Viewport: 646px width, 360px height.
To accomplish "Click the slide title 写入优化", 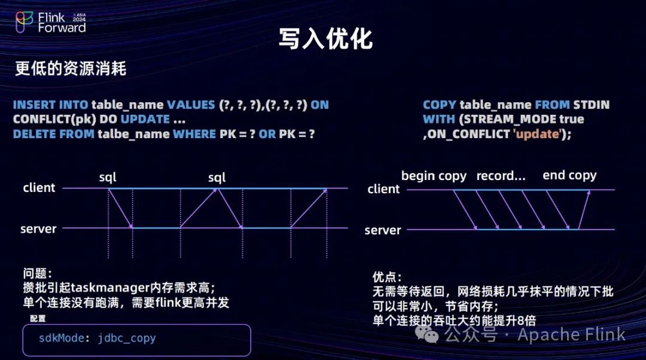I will tap(325, 38).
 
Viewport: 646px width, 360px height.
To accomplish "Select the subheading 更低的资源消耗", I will tap(71, 69).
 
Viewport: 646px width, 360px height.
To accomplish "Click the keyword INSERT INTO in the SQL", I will tap(51, 105).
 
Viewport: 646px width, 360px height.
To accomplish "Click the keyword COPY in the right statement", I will tap(439, 105).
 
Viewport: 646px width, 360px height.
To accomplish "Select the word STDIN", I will tap(591, 105).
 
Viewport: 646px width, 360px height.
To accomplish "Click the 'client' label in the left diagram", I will tap(39, 188).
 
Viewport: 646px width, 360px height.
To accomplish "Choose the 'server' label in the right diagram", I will tap(383, 230).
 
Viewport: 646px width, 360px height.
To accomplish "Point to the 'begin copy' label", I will tap(434, 176).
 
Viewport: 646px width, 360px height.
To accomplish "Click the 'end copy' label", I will tap(569, 175).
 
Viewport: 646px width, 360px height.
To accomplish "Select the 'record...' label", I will tap(501, 176).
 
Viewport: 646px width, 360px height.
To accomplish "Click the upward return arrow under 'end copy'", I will tap(584, 209).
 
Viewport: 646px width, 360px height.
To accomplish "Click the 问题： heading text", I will tap(38, 273).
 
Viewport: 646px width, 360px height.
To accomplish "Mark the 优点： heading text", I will tap(387, 277).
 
